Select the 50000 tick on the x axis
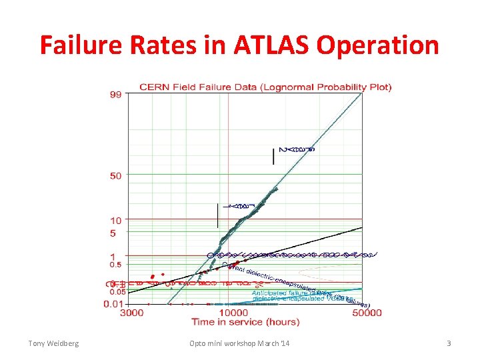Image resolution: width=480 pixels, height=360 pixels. pyautogui.click(x=368, y=313)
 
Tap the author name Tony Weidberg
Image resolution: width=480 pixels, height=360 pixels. pyautogui.click(x=53, y=343)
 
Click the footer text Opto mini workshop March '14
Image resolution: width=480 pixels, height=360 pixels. pyautogui.click(x=239, y=343)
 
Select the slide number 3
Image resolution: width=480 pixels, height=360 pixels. pyautogui.click(x=449, y=343)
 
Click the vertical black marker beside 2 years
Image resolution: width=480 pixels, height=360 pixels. pyautogui.click(x=273, y=155)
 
